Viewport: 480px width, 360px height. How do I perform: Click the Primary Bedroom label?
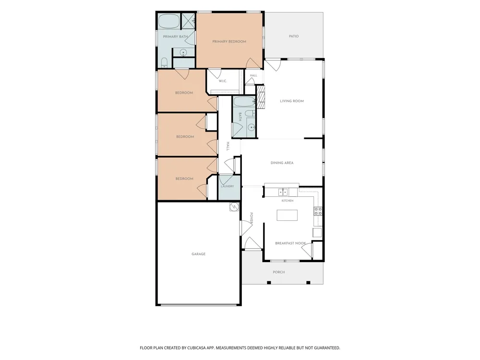[229, 42]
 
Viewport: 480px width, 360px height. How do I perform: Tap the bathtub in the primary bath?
[169, 21]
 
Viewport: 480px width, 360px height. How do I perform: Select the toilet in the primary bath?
[164, 62]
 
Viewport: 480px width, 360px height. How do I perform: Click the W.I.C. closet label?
[223, 81]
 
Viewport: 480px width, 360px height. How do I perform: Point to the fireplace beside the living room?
[261, 96]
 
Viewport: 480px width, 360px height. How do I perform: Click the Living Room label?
[292, 101]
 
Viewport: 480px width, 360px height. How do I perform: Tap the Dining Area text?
[282, 163]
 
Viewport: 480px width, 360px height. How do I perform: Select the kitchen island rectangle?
[287, 215]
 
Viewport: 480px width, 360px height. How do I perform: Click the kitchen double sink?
[283, 192]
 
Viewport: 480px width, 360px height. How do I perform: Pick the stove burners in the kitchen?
[318, 211]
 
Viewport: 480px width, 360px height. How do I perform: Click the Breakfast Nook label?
[290, 243]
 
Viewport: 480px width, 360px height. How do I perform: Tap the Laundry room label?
[228, 186]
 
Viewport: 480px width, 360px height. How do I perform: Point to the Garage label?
[198, 254]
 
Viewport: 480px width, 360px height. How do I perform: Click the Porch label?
[279, 272]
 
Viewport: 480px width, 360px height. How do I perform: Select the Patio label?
[294, 36]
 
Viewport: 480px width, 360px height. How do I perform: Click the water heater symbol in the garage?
[234, 207]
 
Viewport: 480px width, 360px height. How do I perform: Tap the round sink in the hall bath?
[252, 127]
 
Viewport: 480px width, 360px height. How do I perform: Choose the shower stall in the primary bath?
[188, 21]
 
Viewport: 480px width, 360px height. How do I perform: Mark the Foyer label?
[252, 218]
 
